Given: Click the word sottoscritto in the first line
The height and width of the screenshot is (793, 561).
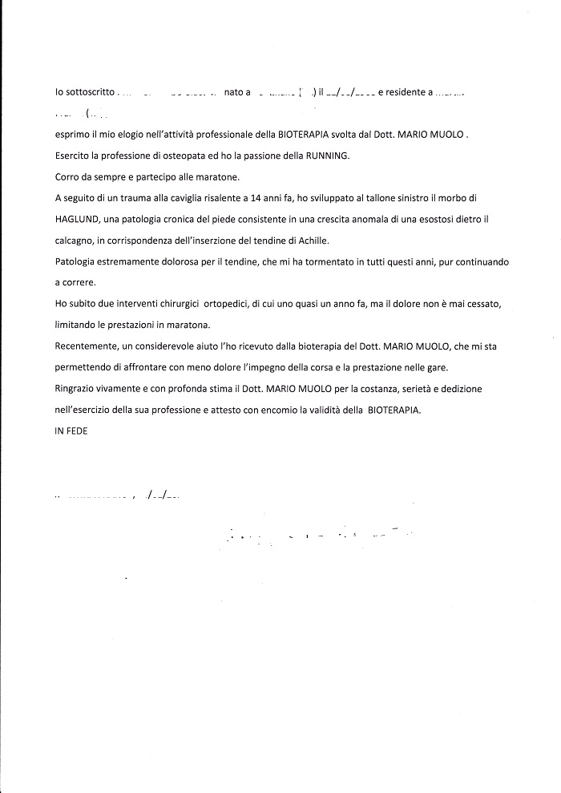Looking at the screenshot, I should coord(88,93).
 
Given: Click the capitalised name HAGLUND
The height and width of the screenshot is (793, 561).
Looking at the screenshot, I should coord(77,218).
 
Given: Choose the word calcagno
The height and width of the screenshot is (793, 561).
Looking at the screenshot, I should coord(75,239).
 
